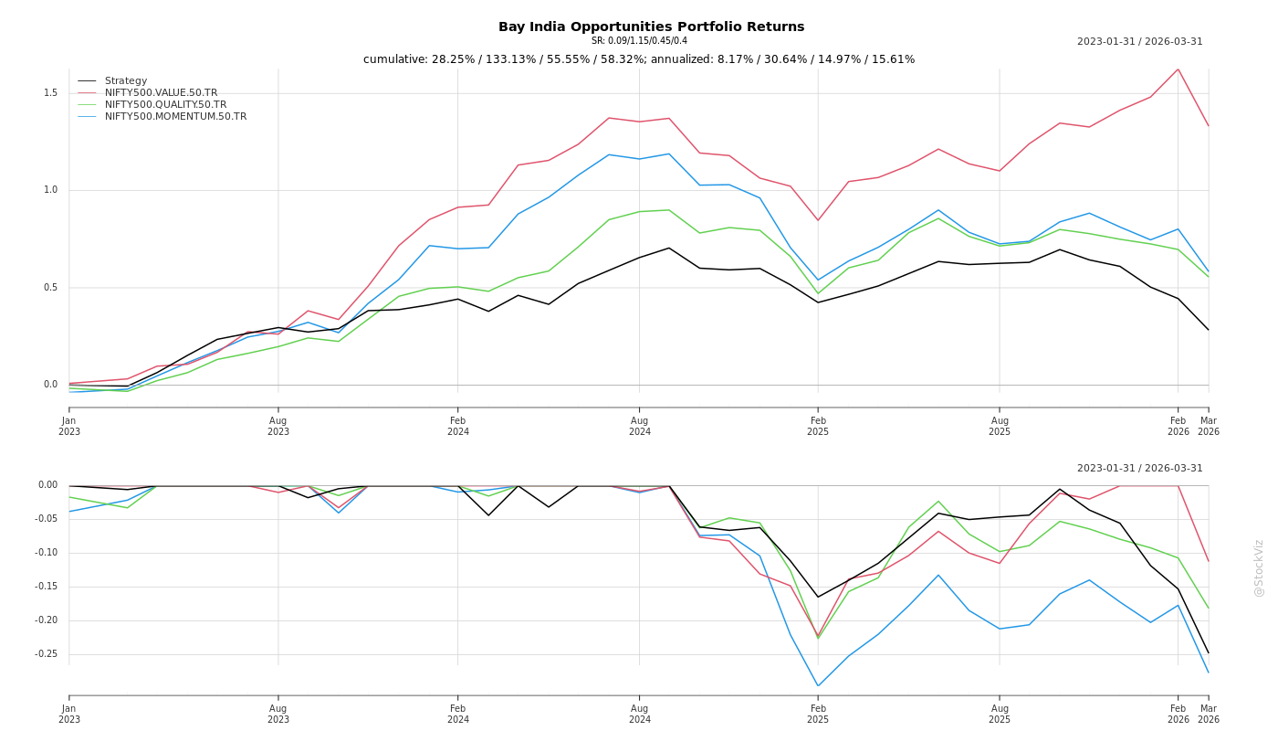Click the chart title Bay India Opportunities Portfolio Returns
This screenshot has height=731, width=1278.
point(651,27)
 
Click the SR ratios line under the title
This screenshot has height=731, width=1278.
point(639,41)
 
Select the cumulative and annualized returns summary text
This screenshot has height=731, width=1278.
point(639,59)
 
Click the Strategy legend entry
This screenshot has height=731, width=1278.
point(126,81)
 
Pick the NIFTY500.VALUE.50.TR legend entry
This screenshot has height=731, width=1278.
point(161,93)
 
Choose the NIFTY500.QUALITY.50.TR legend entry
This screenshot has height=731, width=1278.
point(165,105)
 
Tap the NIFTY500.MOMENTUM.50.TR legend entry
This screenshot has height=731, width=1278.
point(175,117)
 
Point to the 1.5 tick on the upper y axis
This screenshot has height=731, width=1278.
point(50,93)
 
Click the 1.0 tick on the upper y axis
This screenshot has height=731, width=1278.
point(50,190)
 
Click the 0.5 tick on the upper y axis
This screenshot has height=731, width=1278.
point(50,288)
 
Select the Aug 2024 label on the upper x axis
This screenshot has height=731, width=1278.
point(639,426)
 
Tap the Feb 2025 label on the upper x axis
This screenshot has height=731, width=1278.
point(818,426)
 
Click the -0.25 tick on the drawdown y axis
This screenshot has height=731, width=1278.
point(47,654)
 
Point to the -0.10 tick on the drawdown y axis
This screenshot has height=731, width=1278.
point(47,553)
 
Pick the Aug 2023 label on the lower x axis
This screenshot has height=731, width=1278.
point(278,714)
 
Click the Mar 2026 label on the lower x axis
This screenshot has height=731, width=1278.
point(1209,714)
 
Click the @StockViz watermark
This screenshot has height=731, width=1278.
point(1259,567)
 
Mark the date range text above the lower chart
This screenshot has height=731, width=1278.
point(1139,469)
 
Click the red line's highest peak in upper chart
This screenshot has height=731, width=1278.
point(1178,69)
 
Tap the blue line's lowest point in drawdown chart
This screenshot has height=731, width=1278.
point(818,686)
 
